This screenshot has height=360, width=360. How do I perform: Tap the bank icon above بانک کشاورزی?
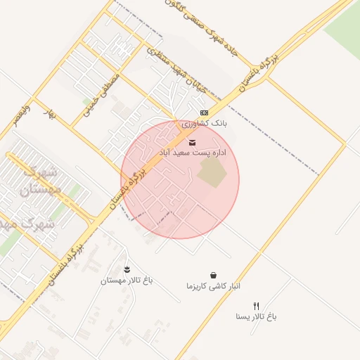click(x=204, y=112)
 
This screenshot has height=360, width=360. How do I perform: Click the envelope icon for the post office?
click(x=193, y=143)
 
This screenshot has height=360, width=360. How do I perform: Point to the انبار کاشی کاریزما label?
click(x=214, y=286)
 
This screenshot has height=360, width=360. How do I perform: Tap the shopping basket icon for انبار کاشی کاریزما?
click(x=214, y=276)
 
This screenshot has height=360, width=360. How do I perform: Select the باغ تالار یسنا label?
click(x=257, y=316)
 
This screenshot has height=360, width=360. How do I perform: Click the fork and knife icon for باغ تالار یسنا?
click(x=257, y=306)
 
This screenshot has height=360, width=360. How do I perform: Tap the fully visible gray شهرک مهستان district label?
click(x=42, y=179)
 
